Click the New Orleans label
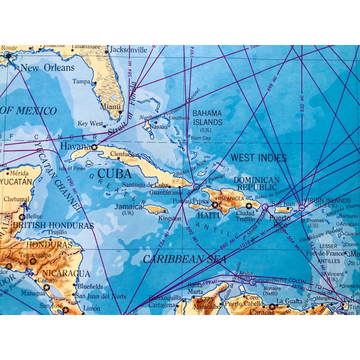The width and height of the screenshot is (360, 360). tap(47, 67)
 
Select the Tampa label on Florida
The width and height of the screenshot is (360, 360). tap(81, 82)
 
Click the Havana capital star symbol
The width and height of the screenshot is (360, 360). tap(94, 147)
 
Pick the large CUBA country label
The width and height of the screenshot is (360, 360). tap(115, 173)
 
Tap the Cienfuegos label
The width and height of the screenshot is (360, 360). tap(124, 153)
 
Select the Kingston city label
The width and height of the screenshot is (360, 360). tap(170, 218)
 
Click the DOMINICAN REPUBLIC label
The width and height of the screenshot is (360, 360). tap(256, 183)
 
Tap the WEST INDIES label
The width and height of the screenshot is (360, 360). tap(258, 158)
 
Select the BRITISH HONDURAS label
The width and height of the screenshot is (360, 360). tap(53, 226)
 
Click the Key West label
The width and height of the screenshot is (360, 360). tap(91, 124)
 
